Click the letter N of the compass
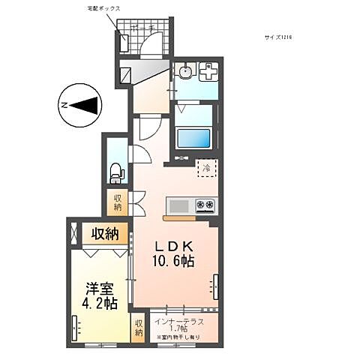pyautogui.click(x=65, y=106)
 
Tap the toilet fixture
pyautogui.click(x=115, y=172)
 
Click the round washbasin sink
pyautogui.click(x=184, y=73)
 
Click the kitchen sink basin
pyautogui.click(x=180, y=205)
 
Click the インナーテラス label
pyautogui.click(x=180, y=322)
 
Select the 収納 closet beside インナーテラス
pyautogui.click(x=139, y=328)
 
